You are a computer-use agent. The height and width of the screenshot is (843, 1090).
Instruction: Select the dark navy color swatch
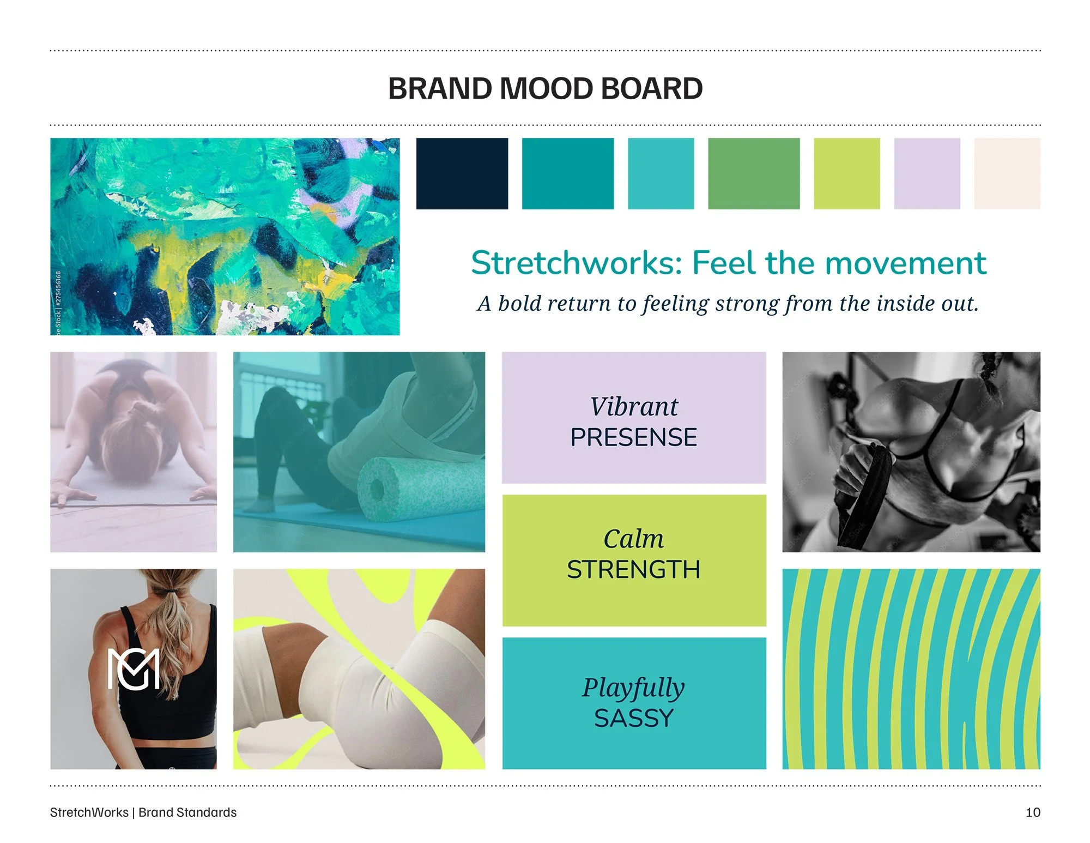(x=462, y=173)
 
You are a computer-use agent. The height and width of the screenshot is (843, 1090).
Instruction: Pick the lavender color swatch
(x=927, y=173)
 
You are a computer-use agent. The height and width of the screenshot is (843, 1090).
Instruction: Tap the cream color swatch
(x=1007, y=173)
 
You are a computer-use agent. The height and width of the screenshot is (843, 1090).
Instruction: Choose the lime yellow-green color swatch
(x=846, y=173)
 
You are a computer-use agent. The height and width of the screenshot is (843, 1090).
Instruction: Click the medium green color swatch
(x=753, y=173)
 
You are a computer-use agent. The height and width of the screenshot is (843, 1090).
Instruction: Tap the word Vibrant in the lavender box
(x=634, y=407)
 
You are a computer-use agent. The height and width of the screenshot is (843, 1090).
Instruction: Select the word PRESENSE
(x=634, y=437)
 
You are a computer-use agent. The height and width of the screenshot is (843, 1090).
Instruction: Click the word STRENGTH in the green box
(x=634, y=570)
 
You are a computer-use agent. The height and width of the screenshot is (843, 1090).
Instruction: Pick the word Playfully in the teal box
(x=633, y=688)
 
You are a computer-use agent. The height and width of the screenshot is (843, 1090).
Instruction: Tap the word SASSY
(x=634, y=718)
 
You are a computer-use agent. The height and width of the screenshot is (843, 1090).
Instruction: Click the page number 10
(x=1032, y=812)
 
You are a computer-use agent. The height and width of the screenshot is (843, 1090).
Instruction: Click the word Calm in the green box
(x=634, y=539)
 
